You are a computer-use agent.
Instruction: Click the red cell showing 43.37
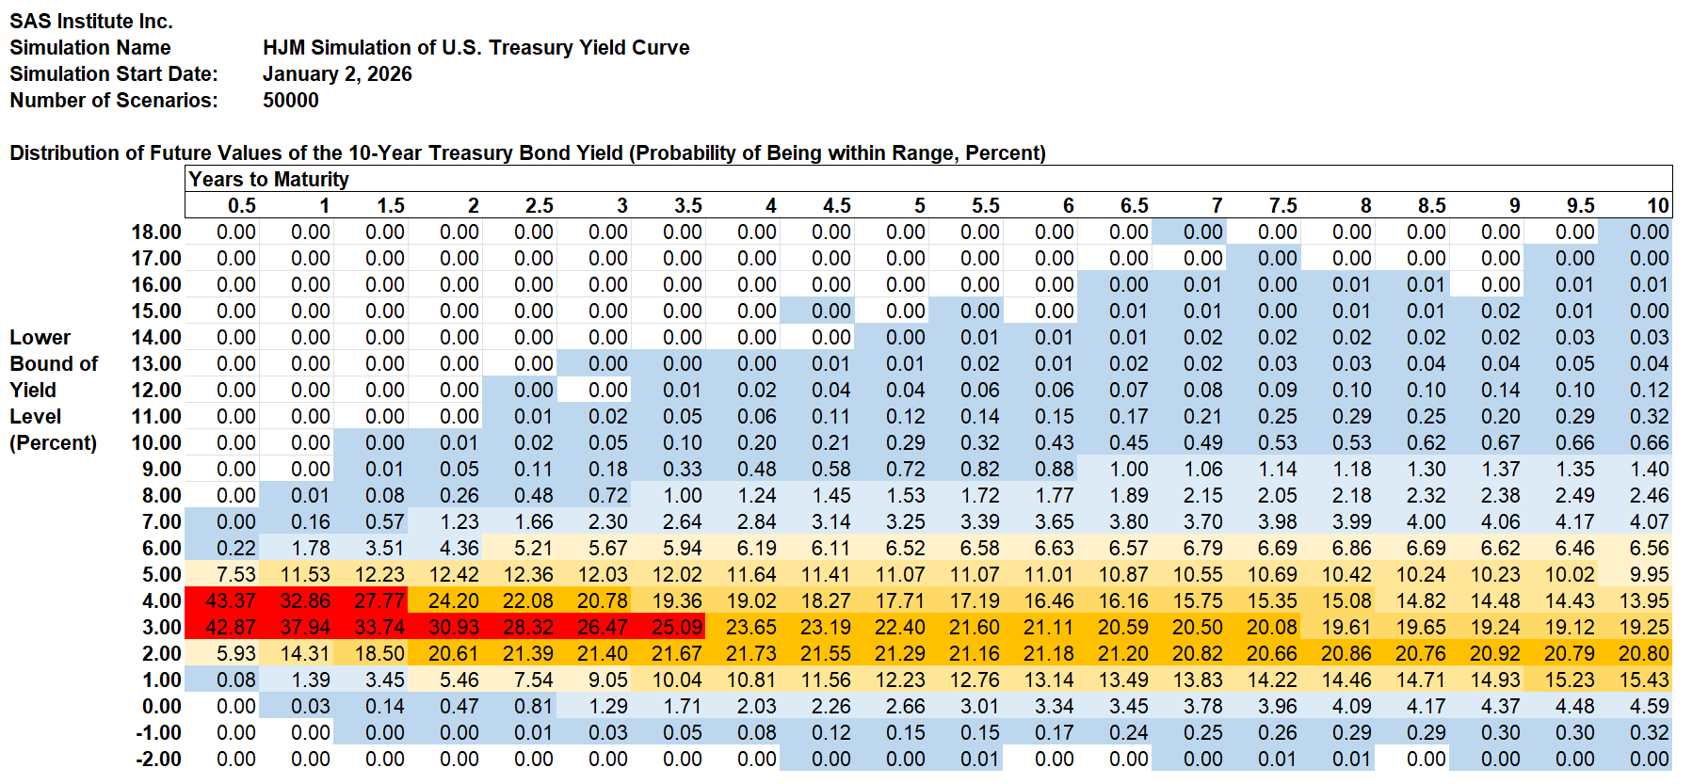[231, 600]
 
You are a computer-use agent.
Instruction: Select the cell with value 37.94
[305, 627]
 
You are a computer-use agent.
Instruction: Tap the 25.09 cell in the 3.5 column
[677, 627]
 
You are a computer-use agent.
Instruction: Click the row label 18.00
[156, 232]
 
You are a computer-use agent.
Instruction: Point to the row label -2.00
[158, 759]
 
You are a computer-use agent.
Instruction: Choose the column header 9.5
[1580, 205]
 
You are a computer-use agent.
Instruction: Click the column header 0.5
[241, 205]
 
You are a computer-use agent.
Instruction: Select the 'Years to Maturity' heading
[268, 179]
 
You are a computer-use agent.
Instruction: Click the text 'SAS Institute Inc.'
[91, 21]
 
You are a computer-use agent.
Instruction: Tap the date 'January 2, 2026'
[337, 73]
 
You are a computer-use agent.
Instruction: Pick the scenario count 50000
[290, 100]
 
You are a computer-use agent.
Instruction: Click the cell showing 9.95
[1649, 574]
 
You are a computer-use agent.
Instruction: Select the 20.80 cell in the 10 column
[1644, 653]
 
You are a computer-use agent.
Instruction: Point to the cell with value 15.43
[1644, 680]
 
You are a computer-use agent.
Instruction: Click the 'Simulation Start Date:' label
[113, 73]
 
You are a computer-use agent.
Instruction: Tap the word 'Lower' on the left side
[40, 337]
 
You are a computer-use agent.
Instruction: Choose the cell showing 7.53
[235, 574]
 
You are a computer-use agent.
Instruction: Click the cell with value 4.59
[1649, 706]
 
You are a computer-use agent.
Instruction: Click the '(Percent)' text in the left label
[53, 442]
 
